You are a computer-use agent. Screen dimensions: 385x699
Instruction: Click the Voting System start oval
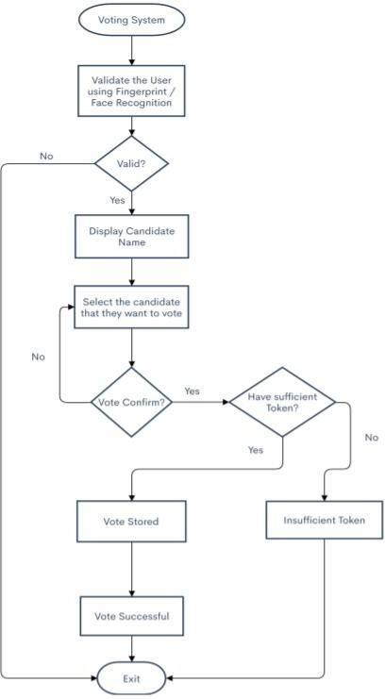[131, 20]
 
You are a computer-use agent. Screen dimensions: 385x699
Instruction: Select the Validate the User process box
[131, 92]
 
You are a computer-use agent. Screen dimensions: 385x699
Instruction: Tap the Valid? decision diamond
[131, 163]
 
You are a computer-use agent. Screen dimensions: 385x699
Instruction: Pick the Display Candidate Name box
[131, 237]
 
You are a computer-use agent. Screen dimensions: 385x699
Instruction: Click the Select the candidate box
[131, 308]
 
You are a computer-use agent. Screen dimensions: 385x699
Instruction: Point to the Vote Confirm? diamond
[131, 402]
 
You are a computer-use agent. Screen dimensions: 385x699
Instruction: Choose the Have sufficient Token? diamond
[282, 402]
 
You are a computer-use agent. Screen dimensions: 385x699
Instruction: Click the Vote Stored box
[131, 521]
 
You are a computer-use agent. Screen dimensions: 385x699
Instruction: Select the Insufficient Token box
[325, 520]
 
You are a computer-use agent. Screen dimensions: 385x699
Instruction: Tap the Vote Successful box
[131, 617]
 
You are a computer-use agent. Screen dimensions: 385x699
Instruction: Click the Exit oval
[131, 679]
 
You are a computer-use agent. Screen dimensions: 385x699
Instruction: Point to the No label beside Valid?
[46, 156]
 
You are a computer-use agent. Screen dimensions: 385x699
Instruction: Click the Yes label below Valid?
[117, 200]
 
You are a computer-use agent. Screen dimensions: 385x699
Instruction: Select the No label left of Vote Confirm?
[39, 358]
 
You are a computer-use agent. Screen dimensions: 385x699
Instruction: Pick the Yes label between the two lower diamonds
[192, 391]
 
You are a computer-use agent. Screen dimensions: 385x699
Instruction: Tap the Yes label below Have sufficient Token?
[256, 450]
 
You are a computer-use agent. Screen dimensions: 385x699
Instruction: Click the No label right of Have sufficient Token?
[372, 438]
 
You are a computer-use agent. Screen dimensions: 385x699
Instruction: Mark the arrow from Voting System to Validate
[131, 51]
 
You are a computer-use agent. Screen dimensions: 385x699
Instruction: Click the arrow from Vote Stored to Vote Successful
[131, 570]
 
